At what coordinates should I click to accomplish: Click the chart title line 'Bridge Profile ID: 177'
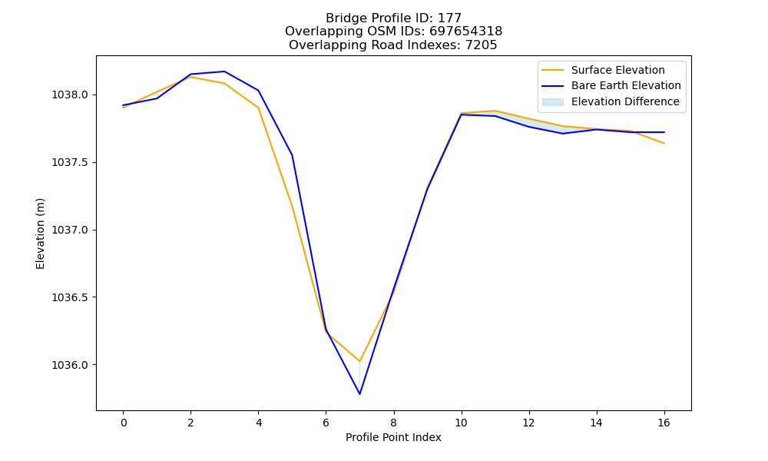[x=393, y=18]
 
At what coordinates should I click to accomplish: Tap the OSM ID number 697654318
[x=466, y=32]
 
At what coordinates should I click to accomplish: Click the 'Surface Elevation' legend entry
[x=603, y=70]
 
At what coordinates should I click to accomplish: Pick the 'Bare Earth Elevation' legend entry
[x=611, y=86]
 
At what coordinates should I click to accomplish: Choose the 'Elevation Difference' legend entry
[x=611, y=101]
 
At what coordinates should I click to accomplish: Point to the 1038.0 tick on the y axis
[x=71, y=95]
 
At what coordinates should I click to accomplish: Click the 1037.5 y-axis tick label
[x=71, y=162]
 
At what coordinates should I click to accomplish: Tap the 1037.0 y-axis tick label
[x=71, y=230]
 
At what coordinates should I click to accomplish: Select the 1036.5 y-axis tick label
[x=71, y=297]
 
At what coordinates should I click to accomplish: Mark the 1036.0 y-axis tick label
[x=71, y=365]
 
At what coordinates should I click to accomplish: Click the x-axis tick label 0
[x=124, y=423]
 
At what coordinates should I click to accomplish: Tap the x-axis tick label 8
[x=393, y=423]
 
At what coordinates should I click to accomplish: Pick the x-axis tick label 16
[x=664, y=423]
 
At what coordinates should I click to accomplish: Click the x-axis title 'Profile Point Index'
[x=393, y=437]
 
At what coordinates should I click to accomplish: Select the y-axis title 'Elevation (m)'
[x=40, y=234]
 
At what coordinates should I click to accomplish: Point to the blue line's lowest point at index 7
[x=359, y=394]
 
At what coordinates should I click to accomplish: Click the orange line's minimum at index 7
[x=359, y=361]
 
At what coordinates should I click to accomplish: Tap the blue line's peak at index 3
[x=224, y=71]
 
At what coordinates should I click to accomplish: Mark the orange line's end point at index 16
[x=664, y=144]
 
